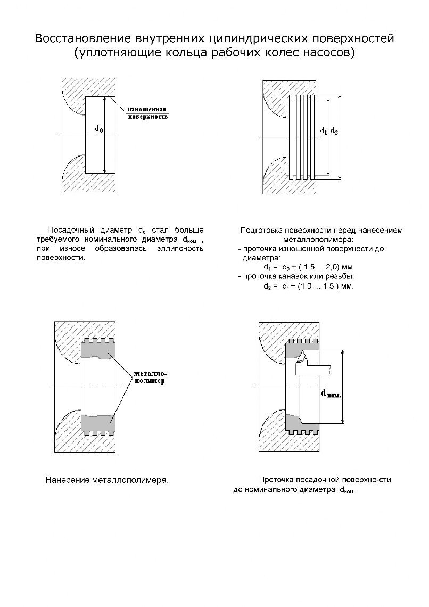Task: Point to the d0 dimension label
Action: point(99,128)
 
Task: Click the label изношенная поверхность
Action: point(147,113)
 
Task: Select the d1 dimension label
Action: point(324,130)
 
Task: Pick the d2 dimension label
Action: point(334,130)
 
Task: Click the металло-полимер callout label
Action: point(150,377)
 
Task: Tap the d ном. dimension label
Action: point(331,394)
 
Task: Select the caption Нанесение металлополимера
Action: point(106,480)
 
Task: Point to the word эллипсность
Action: point(182,249)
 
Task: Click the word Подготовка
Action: point(261,231)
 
